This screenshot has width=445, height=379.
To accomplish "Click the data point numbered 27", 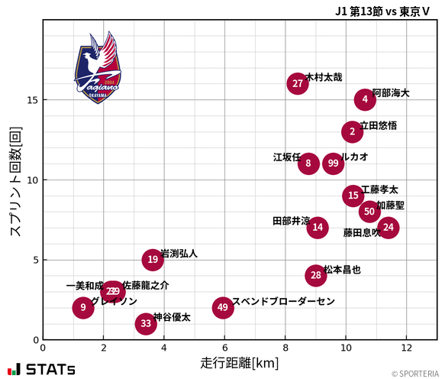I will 298,83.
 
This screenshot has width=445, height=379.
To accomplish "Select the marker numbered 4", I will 365,99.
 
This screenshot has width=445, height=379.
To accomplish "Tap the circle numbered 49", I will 222,308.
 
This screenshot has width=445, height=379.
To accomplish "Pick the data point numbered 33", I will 146,323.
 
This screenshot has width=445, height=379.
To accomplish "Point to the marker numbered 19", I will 153,260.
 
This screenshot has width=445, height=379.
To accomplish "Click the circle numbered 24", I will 388,227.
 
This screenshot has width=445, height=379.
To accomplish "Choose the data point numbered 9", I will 83,308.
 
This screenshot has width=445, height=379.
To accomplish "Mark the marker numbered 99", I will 333,164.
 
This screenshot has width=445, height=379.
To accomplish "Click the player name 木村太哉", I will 324,77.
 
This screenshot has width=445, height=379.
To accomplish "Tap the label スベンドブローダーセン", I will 283,301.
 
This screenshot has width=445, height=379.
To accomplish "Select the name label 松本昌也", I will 342,270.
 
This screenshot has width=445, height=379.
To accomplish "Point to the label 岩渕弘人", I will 179,254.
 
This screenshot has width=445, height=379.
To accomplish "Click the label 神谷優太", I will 172,316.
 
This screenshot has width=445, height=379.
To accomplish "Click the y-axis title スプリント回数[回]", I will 15,180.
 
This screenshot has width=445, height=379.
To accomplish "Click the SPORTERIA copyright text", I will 415,374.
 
